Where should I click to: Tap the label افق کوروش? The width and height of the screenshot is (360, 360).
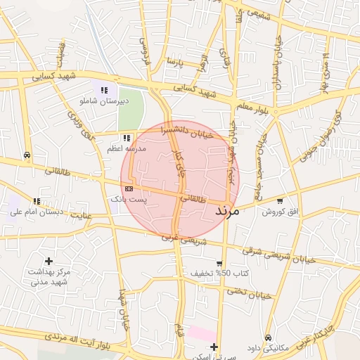pyautogui.click(x=280, y=212)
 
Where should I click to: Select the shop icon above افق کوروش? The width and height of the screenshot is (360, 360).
pyautogui.click(x=281, y=201)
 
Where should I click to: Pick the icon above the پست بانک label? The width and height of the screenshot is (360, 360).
pyautogui.click(x=129, y=188)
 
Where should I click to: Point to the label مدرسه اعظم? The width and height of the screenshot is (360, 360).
pyautogui.click(x=127, y=149)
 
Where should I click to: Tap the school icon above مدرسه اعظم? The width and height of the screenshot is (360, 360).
pyautogui.click(x=127, y=139)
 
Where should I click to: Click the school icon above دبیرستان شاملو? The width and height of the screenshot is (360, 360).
pyautogui.click(x=104, y=90)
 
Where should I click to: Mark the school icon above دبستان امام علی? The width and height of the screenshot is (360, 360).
pyautogui.click(x=37, y=201)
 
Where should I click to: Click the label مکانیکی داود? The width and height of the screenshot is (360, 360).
pyautogui.click(x=268, y=348)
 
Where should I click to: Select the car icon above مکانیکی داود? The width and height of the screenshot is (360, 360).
pyautogui.click(x=268, y=337)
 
